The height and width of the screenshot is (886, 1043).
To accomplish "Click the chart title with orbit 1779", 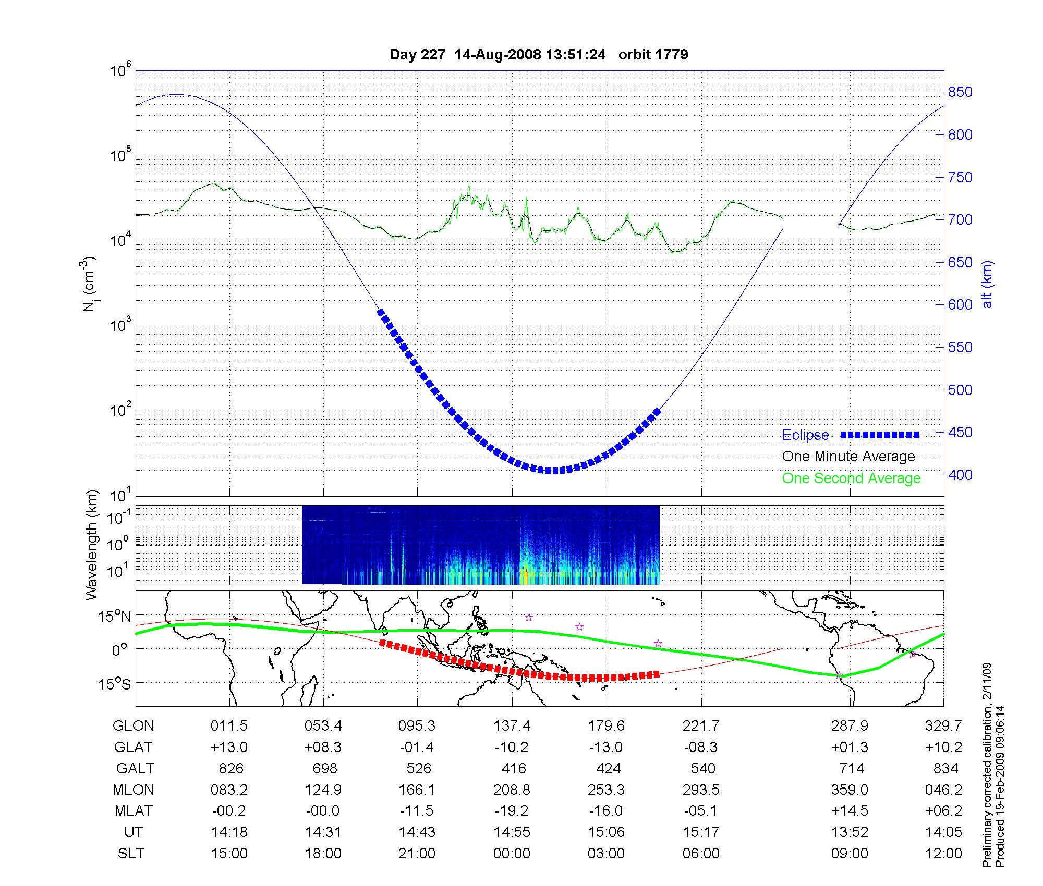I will tap(539, 55).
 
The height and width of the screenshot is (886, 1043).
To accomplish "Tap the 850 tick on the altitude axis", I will tap(960, 92).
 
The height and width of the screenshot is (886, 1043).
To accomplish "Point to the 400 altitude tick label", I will tap(960, 475).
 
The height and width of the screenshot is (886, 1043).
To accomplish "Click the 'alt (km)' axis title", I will tap(987, 284).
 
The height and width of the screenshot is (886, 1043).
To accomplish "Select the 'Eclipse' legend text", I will tap(805, 435).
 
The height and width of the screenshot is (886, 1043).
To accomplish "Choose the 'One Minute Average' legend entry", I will tap(848, 457).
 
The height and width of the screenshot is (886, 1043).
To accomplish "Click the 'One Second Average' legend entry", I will tap(851, 478).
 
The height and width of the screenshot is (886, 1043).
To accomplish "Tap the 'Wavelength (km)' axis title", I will tap(92, 545).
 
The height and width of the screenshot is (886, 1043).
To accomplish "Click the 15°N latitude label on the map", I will tap(115, 617).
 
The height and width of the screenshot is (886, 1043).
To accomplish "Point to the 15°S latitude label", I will tap(115, 683).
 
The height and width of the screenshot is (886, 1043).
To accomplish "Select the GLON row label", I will tap(133, 726).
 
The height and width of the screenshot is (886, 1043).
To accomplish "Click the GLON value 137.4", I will tap(512, 726).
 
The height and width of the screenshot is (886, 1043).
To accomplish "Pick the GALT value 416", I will tap(514, 769).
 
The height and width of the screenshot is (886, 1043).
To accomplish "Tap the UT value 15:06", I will tap(606, 832).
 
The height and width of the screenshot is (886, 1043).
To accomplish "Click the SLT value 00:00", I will tap(512, 854).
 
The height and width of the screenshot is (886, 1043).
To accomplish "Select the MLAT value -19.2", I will tap(512, 811).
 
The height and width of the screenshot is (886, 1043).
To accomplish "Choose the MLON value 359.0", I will tap(850, 790).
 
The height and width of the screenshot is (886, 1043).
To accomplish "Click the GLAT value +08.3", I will tap(323, 747).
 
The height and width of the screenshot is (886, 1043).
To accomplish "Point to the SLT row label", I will tap(131, 854).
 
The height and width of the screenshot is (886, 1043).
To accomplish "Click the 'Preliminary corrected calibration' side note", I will tap(987, 765).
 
